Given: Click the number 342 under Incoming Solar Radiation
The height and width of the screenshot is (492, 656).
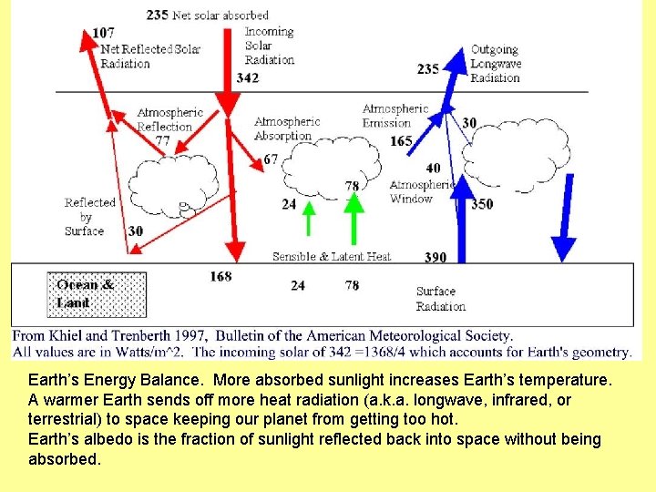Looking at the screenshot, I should pyautogui.click(x=247, y=78).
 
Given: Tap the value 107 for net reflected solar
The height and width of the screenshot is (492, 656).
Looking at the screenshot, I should pyautogui.click(x=103, y=34).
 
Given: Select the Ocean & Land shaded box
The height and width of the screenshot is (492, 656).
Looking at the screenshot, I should pyautogui.click(x=96, y=293).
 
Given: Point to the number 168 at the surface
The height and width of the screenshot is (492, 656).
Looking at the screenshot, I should pyautogui.click(x=220, y=276).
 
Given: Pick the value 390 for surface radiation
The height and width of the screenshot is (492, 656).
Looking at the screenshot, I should pyautogui.click(x=436, y=258).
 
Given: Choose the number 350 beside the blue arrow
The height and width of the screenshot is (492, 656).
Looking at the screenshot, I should pyautogui.click(x=482, y=204).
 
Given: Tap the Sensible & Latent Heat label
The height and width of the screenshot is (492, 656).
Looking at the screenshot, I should pyautogui.click(x=331, y=257).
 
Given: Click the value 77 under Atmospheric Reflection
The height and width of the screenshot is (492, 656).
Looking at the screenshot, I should pyautogui.click(x=163, y=140).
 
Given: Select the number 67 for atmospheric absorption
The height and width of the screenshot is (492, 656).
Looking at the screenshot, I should pyautogui.click(x=271, y=159).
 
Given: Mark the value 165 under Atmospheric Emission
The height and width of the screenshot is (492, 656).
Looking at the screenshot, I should pyautogui.click(x=401, y=141).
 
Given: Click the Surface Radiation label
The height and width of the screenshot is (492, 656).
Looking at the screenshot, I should pyautogui.click(x=440, y=299).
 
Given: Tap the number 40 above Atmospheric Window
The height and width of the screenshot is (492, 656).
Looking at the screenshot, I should pyautogui.click(x=433, y=168).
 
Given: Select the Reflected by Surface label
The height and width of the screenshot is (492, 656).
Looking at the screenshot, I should pyautogui.click(x=89, y=217).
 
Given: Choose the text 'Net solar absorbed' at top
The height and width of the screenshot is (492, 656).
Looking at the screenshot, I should pyautogui.click(x=221, y=15).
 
